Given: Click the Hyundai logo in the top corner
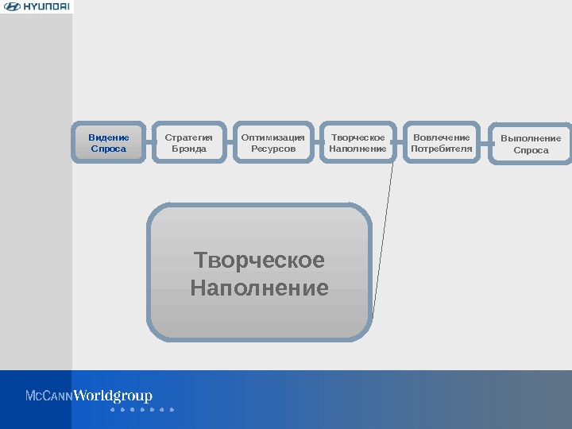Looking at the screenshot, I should (x=37, y=7).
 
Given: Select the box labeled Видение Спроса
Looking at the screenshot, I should (x=109, y=142).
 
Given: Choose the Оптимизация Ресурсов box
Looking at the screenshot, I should (x=272, y=142).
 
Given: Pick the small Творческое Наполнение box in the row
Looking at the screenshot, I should (x=357, y=142).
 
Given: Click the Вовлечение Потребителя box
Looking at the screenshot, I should (x=442, y=142).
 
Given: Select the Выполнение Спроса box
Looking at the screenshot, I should (x=531, y=144).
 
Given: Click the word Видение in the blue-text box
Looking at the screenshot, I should (x=109, y=137).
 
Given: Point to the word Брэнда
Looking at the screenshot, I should (x=189, y=149).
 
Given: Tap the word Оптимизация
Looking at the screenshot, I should (x=272, y=137).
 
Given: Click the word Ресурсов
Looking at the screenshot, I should (x=272, y=149).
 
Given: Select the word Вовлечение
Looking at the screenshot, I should (x=442, y=137).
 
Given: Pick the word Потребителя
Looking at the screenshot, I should (x=442, y=149).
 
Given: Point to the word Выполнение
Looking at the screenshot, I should (x=531, y=138).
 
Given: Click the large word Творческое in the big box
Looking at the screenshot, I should (x=260, y=261).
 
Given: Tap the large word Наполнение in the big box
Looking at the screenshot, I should (x=260, y=288).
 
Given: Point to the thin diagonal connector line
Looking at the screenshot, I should (x=383, y=238).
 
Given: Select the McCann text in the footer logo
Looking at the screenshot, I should (x=49, y=396).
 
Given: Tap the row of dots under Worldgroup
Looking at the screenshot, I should (x=141, y=410).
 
